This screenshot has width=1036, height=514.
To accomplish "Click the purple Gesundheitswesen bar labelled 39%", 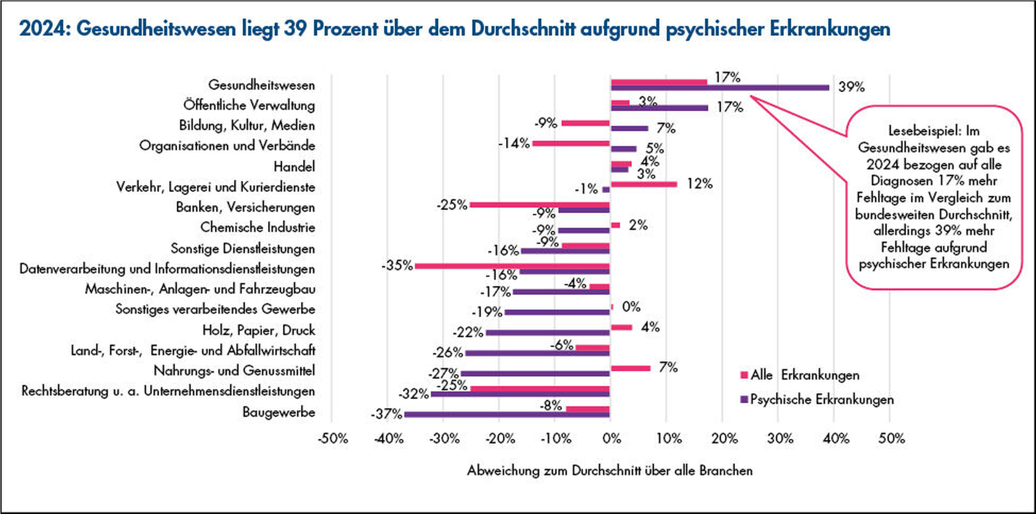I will (x=720, y=87).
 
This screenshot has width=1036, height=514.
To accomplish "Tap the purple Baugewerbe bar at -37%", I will (x=507, y=415).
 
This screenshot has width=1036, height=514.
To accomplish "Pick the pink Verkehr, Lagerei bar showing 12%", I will (x=644, y=184).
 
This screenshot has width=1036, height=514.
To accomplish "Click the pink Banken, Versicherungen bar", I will (x=539, y=205).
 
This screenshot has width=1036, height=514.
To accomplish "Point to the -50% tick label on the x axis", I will (x=333, y=439).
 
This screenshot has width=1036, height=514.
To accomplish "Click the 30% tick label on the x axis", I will (x=780, y=439).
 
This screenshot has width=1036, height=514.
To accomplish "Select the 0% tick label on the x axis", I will (x=612, y=439).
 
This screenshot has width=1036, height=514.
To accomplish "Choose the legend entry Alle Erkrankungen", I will (x=804, y=375).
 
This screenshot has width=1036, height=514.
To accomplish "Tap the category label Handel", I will (x=294, y=166).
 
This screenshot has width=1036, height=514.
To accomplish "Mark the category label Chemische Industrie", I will (x=257, y=227).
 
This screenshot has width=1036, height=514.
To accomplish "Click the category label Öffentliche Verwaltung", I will (x=249, y=105).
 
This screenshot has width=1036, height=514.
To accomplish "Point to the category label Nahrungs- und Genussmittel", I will (x=234, y=371).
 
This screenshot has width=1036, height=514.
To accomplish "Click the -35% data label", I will (x=397, y=265).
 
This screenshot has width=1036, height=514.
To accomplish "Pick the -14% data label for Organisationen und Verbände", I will (x=514, y=143).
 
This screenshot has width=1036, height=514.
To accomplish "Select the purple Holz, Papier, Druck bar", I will (x=547, y=332).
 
